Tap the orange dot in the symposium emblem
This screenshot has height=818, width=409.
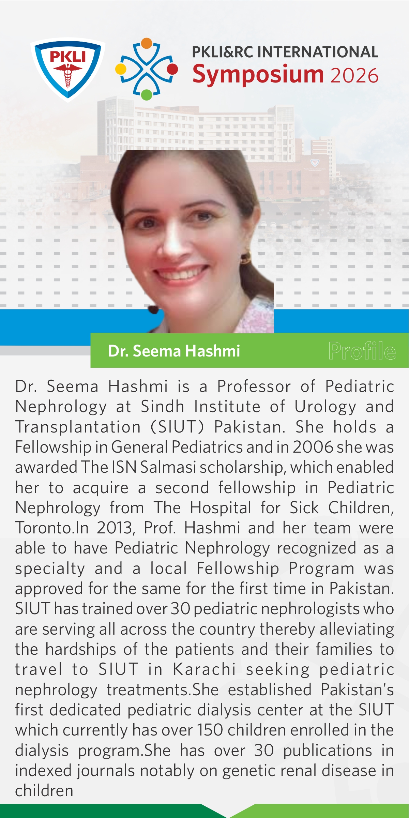pos(147,43)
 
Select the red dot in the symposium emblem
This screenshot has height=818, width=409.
pos(172,69)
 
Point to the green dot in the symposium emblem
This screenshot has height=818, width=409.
pos(147,94)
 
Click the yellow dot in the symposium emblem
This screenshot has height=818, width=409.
pos(121,69)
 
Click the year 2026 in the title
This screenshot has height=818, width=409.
pos(354,75)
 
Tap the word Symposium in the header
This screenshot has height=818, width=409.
pos(258,75)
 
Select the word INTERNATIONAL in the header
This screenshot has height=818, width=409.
pos(318,52)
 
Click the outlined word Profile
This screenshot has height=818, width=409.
pos(362,351)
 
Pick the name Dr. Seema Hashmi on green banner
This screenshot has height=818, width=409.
pos(174,351)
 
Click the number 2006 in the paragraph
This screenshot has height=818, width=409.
pos(313,447)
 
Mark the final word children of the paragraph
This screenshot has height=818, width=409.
pos(44,791)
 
